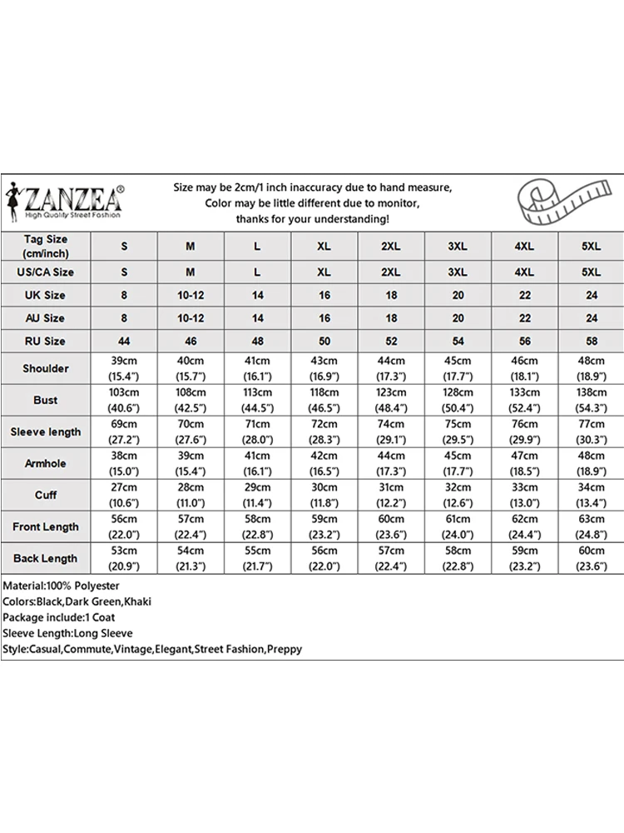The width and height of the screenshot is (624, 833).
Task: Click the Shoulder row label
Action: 46,368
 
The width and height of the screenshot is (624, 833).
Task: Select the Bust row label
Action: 46,400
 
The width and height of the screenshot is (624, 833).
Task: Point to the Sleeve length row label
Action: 46,431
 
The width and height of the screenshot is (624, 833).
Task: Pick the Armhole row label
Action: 46,463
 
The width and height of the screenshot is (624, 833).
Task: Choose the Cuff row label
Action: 46,495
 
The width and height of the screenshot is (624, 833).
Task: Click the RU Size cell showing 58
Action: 591,341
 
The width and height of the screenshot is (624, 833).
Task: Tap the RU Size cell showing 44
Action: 124,341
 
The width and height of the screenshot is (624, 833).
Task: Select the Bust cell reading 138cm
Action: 591,400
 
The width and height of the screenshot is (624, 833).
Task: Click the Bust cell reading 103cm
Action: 124,400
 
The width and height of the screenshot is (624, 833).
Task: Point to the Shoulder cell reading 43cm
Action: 324,368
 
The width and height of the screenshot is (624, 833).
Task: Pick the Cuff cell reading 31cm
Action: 390,495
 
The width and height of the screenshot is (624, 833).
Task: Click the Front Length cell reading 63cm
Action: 591,526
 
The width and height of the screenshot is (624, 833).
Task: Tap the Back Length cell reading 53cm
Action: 124,558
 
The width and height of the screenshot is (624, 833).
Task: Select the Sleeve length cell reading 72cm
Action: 324,431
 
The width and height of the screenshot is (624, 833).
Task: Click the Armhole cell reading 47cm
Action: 524,463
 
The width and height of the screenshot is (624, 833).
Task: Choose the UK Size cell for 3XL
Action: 458,295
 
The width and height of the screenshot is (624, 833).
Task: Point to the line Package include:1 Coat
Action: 59,617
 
